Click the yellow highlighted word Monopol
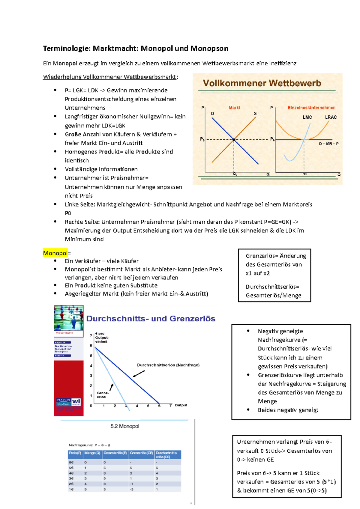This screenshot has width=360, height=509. tap(55, 253)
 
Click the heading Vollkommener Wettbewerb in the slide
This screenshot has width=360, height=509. tap(262, 83)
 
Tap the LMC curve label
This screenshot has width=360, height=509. tap(307, 117)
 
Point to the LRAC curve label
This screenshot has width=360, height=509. tap(331, 117)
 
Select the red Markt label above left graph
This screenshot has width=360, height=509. tap(234, 108)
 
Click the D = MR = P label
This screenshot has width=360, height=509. tap(328, 144)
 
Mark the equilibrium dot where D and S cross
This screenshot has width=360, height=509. tap(234, 140)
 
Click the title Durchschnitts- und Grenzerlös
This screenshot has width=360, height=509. tap(151, 319)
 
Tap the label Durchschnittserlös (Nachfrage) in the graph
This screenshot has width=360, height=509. tap(168, 365)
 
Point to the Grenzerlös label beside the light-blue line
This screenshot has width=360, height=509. tap(103, 395)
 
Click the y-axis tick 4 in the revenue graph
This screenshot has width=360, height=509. tap(91, 366)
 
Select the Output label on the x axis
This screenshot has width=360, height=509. tap(181, 405)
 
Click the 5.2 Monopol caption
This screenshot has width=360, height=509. tap(125, 426)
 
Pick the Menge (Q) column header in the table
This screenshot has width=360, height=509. tap(92, 453)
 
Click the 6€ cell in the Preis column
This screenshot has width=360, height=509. tap(71, 462)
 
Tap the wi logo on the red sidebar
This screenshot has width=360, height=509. tap(76, 401)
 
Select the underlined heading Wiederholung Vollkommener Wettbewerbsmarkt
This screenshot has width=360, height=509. tap(110, 77)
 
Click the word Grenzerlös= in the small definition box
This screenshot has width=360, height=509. tap(262, 256)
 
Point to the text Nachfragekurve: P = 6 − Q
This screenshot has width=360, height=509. tap(89, 445)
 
